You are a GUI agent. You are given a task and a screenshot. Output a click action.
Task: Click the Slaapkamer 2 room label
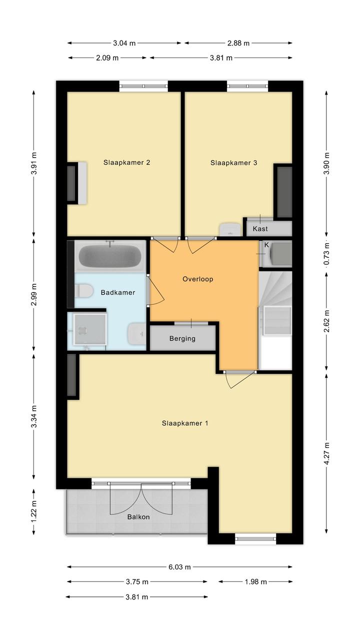[126, 163]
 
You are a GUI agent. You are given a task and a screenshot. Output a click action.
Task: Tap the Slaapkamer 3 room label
[233, 163]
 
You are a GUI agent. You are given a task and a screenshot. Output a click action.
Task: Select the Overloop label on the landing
[198, 279]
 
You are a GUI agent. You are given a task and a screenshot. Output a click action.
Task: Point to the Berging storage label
[182, 339]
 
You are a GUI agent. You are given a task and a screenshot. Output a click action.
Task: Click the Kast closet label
[260, 229]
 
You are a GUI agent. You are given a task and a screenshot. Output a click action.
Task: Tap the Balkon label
[138, 517]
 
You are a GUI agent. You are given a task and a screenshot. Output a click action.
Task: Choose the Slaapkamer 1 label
[185, 423]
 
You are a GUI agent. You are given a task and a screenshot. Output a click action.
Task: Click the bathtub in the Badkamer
[110, 256]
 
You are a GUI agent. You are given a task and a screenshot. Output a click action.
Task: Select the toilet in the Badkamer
[83, 290]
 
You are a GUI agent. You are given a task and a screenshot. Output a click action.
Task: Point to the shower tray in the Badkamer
[90, 329]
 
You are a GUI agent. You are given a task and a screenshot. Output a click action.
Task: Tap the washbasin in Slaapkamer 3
[230, 229]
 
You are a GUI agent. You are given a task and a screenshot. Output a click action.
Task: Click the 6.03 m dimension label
[179, 567]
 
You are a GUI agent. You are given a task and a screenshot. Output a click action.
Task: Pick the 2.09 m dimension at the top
[107, 58]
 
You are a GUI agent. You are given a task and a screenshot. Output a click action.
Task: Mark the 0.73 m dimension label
[327, 254]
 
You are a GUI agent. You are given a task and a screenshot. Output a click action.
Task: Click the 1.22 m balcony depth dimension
[34, 511]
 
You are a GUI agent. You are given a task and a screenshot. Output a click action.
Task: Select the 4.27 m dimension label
[327, 453]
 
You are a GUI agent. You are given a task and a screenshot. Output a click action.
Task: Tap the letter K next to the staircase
[266, 245]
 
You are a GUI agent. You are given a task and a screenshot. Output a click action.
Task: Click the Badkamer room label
[118, 293]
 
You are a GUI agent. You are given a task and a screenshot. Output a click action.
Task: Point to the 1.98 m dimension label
[256, 582]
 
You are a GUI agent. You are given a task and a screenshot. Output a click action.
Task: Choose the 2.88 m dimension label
[238, 43]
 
